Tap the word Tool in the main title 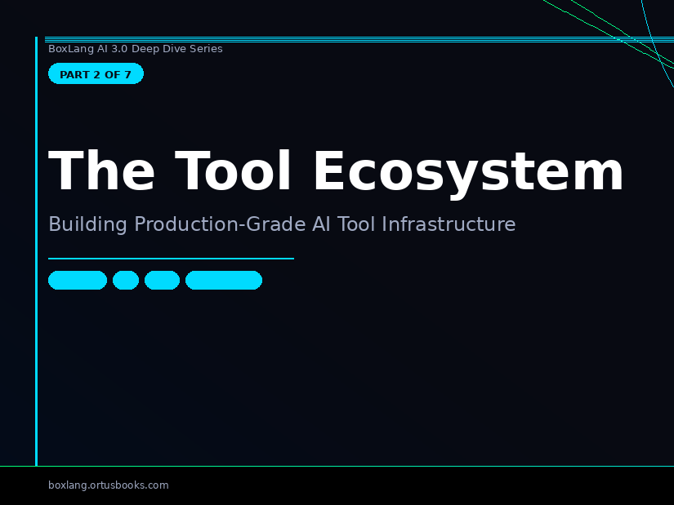point(233,170)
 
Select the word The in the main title point(101,170)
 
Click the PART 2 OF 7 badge point(96,74)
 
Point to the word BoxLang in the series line point(71,49)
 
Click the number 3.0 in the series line point(119,49)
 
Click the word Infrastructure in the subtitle point(449,224)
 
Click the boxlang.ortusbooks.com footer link point(109,485)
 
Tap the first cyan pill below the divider point(78,280)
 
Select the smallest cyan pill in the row point(126,280)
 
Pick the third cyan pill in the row point(162,280)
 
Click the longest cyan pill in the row point(224,280)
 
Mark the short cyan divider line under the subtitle point(171,259)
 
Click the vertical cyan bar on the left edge point(37,251)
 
